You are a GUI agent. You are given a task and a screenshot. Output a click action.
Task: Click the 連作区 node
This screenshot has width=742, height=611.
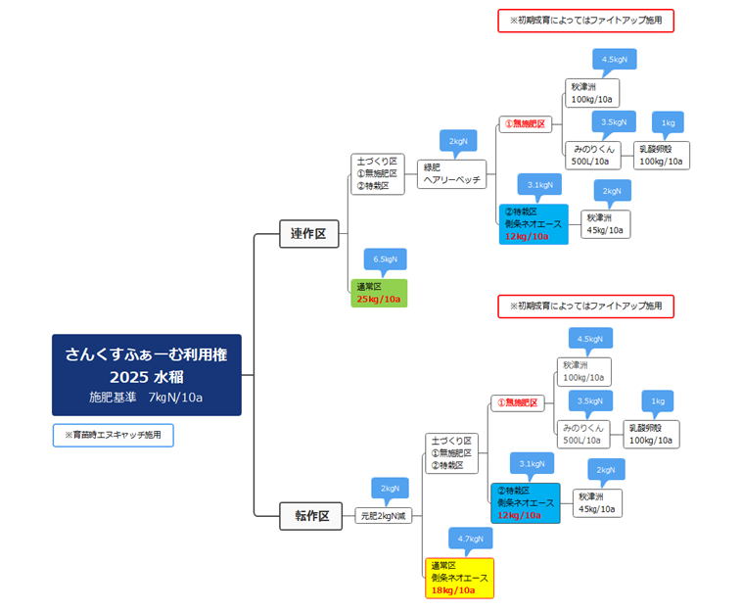[x=308, y=234]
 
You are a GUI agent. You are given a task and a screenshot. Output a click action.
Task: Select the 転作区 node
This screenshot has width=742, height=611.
[x=312, y=515]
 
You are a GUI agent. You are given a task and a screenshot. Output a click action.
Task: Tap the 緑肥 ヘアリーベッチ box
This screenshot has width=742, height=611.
[x=451, y=174]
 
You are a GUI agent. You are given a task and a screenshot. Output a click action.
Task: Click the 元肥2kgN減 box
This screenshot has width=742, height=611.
[x=389, y=515]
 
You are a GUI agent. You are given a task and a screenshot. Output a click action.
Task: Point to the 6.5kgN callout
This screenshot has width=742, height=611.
[x=385, y=259]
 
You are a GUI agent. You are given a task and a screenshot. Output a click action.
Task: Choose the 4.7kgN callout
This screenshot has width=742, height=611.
[x=470, y=538]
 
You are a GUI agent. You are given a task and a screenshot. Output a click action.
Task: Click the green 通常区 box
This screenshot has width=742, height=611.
[x=379, y=293]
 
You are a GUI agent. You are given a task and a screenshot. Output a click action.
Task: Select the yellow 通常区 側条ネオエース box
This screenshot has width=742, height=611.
[x=460, y=578]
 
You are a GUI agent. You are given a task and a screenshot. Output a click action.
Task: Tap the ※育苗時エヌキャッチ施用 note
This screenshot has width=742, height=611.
[x=113, y=435]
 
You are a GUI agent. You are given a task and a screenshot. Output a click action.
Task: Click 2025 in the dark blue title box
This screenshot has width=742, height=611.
[x=127, y=376]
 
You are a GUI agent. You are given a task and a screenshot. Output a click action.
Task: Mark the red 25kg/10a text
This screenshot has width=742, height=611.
[x=379, y=299]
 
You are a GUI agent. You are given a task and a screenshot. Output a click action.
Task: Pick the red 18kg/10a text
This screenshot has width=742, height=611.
[x=453, y=590]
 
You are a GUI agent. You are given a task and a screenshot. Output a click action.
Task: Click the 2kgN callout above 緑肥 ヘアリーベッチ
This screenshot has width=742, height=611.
[x=458, y=142]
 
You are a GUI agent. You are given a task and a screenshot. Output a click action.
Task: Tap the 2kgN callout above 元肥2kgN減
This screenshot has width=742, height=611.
[x=389, y=488]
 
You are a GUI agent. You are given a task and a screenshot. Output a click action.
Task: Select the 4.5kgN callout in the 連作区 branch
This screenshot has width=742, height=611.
[x=614, y=60]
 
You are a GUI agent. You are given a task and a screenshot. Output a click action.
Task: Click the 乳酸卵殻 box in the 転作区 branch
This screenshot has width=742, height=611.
[x=651, y=434]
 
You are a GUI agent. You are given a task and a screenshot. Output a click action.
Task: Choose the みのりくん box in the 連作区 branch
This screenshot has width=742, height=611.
[x=594, y=155]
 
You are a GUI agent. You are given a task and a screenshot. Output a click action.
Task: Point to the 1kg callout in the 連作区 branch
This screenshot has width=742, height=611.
[x=668, y=122]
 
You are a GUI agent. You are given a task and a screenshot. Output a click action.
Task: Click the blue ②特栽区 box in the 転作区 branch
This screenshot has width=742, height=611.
[x=525, y=502]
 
